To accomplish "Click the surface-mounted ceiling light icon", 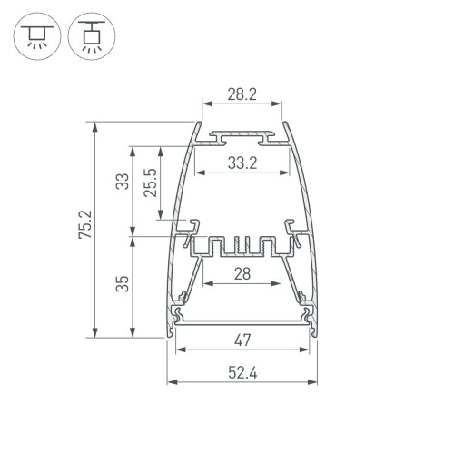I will click(36, 35).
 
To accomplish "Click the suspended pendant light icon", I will click(85, 35).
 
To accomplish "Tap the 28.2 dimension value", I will click(241, 93).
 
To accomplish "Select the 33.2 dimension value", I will click(241, 164).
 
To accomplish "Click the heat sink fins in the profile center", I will click(241, 246).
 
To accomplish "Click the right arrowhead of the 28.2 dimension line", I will click(277, 105).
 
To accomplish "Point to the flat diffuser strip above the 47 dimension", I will click(241, 320).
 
